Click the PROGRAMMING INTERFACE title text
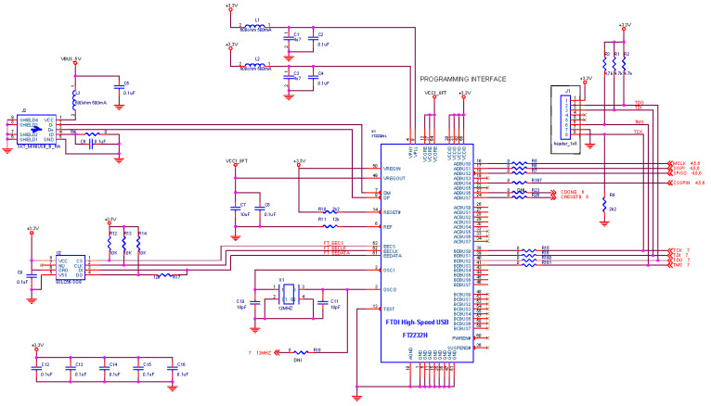(x=463, y=80)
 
